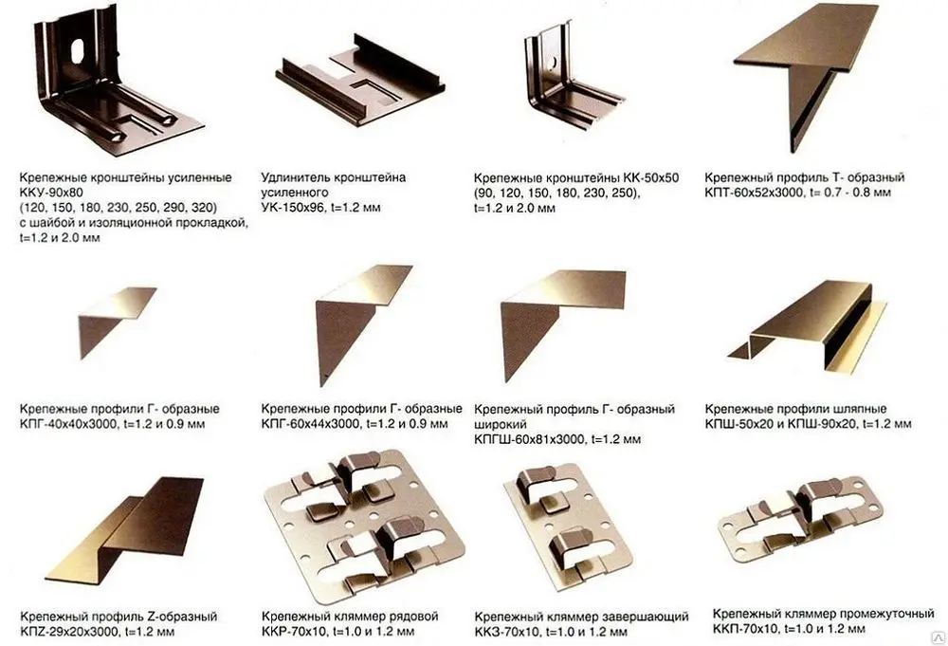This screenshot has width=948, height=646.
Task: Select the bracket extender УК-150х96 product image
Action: (x=360, y=81)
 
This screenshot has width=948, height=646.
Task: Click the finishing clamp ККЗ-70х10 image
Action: (x=567, y=527)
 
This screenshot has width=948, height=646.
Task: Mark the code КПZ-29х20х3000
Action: (x=69, y=632)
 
